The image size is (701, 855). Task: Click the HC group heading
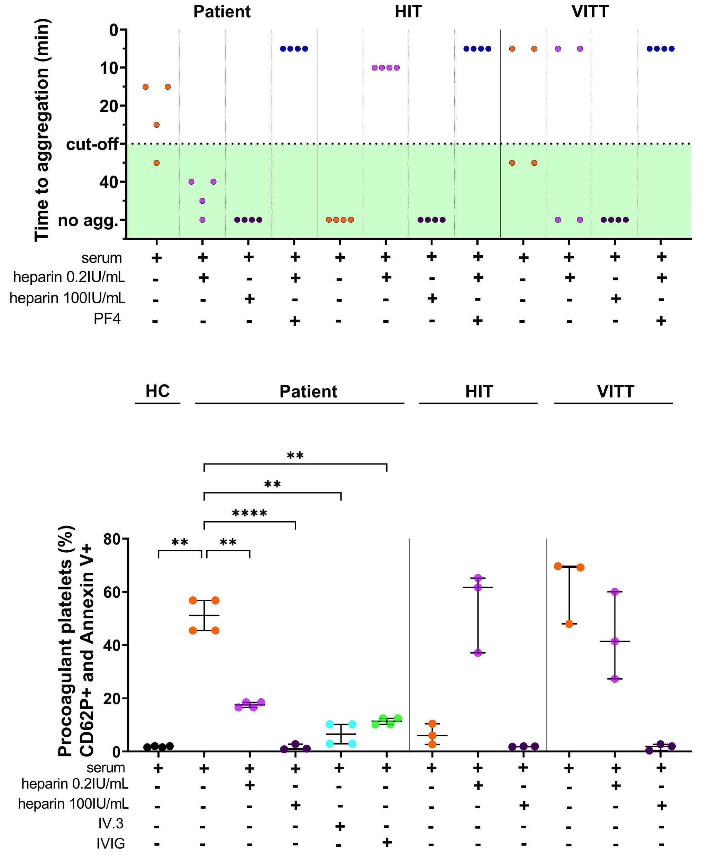tap(157, 391)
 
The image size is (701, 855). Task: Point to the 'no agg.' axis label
tap(88, 220)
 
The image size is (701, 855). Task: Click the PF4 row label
tap(107, 319)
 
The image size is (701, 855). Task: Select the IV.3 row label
tap(111, 823)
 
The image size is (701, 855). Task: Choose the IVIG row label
tap(110, 843)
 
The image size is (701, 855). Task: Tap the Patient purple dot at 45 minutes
tap(202, 201)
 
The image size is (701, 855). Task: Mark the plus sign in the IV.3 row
tap(340, 826)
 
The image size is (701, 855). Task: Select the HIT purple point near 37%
tap(478, 653)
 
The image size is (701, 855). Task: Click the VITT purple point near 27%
tap(615, 679)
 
